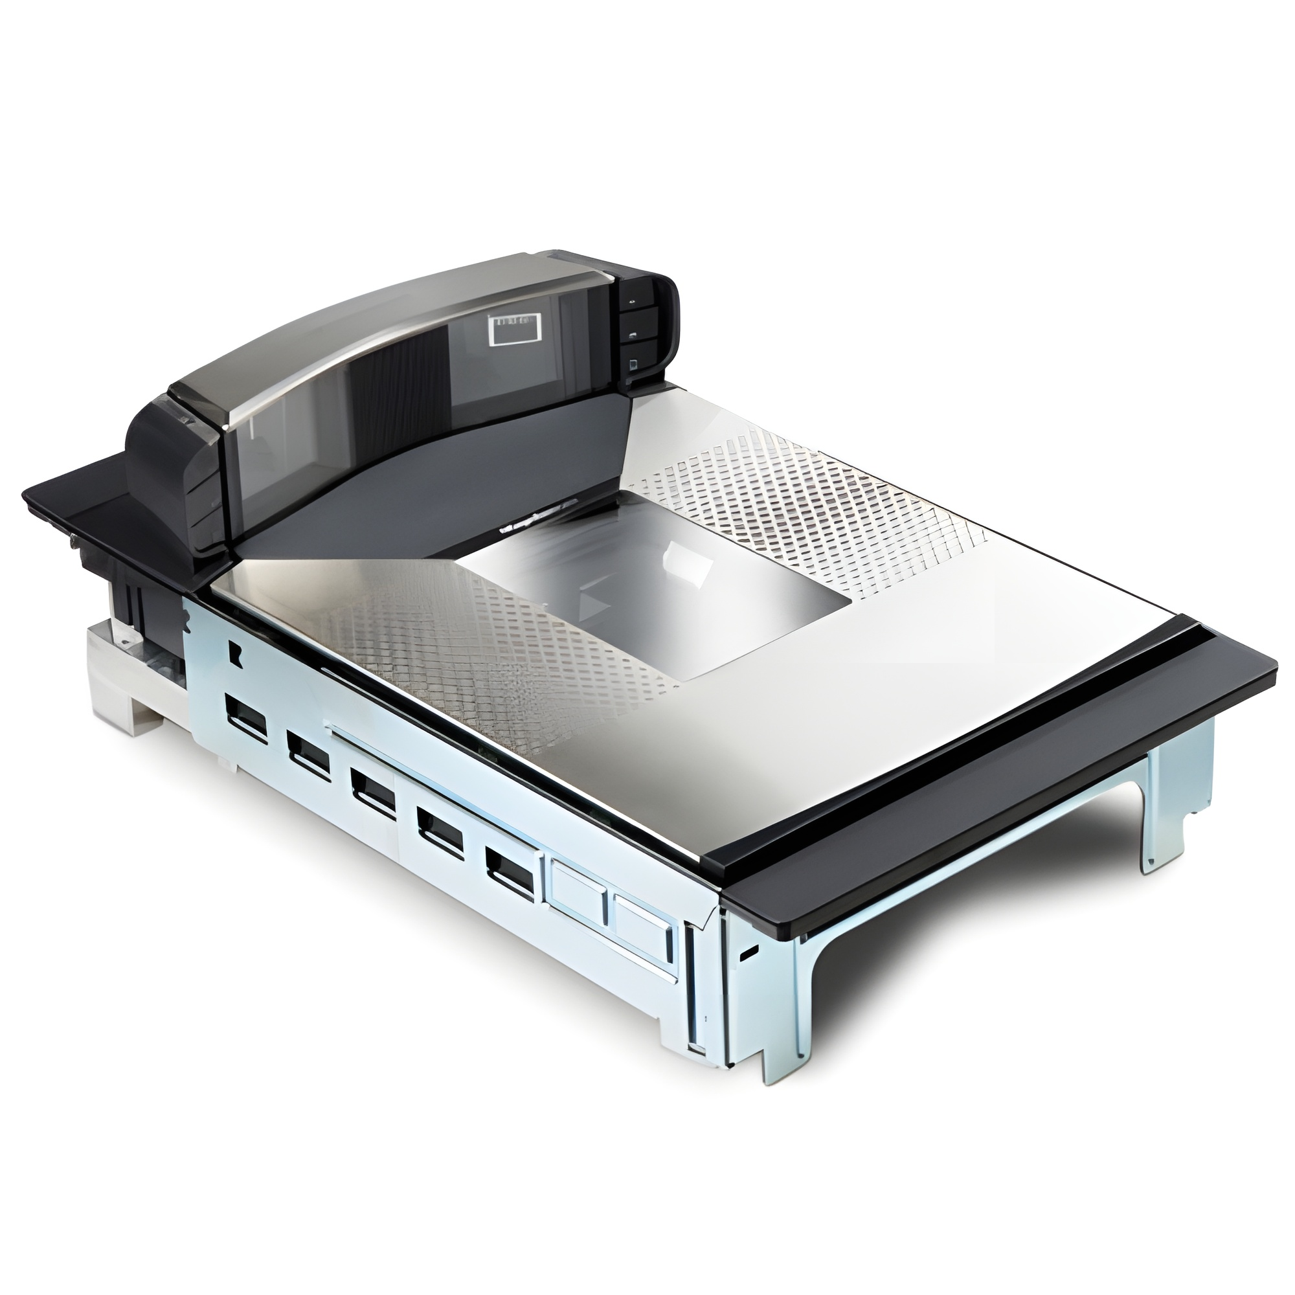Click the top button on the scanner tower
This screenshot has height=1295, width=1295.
[633, 302]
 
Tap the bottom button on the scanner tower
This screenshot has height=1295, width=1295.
[633, 365]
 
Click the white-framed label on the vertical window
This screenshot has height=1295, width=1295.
[515, 332]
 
